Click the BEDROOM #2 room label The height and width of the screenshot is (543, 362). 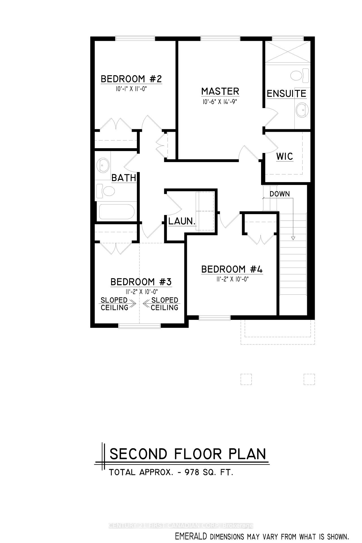[131, 79]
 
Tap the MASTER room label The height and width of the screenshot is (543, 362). [220, 91]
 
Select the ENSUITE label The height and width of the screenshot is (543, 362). [286, 94]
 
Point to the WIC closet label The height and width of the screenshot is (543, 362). [285, 156]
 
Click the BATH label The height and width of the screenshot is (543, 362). [124, 178]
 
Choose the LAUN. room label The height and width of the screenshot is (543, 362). [182, 221]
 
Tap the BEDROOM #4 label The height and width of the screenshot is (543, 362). [232, 269]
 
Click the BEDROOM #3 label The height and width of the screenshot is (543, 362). [141, 282]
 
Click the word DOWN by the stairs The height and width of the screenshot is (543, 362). [279, 194]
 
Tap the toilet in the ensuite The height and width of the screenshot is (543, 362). [299, 75]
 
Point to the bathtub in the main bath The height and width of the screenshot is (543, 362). [116, 212]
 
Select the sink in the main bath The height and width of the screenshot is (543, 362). [103, 165]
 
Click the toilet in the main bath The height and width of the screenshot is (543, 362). [105, 191]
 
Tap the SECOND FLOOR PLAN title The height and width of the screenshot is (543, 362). [188, 454]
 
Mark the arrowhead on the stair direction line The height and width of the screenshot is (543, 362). [293, 238]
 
